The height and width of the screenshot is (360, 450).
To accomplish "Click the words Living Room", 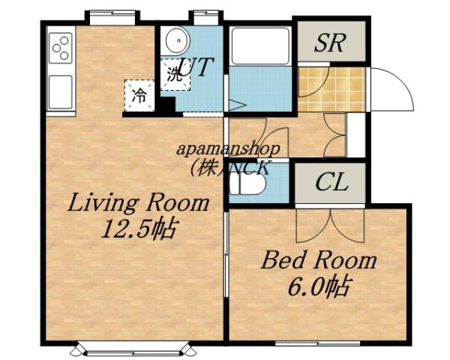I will [138, 203].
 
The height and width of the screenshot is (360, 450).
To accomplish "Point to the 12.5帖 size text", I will [138, 228].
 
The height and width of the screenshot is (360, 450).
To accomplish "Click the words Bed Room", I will [318, 262].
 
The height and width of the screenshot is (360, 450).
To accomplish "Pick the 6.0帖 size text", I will [318, 286].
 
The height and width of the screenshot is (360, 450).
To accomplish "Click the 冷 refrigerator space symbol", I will [139, 94].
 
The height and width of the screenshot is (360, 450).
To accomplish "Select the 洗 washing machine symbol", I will [174, 73].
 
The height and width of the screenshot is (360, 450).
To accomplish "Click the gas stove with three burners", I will [60, 48].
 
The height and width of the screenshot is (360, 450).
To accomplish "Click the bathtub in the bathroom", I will [259, 46].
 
